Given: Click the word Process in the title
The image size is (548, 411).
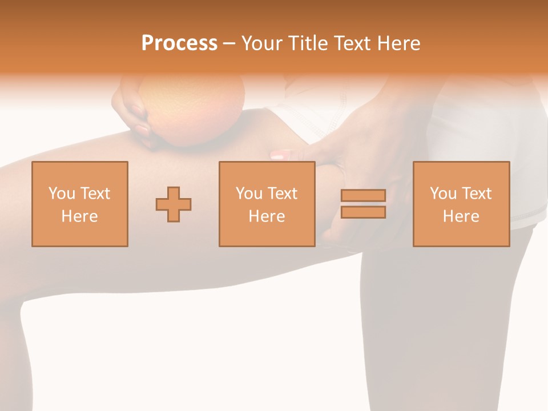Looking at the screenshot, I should pos(179,43).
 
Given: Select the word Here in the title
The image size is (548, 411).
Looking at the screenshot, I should pos(398,43).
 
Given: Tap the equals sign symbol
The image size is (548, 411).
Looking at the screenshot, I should pos(363,204).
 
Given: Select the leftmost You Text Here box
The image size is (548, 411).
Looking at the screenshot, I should pos(80,204).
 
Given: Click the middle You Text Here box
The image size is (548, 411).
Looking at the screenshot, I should pos(267,204).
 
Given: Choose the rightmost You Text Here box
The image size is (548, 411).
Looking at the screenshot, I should pos(461,204).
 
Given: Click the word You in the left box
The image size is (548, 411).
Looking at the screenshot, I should pos(62,194).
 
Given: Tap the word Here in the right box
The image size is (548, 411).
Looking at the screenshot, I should pos(461,216).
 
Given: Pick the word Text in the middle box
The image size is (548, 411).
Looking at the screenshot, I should pos(282,194).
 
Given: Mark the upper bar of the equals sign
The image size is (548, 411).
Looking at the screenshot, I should pos(363,196).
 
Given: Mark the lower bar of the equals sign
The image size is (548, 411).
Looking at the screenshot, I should pos(363,212).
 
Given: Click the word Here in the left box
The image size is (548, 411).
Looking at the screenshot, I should pos(80,216).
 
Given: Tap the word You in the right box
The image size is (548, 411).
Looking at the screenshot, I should pos(443,194).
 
